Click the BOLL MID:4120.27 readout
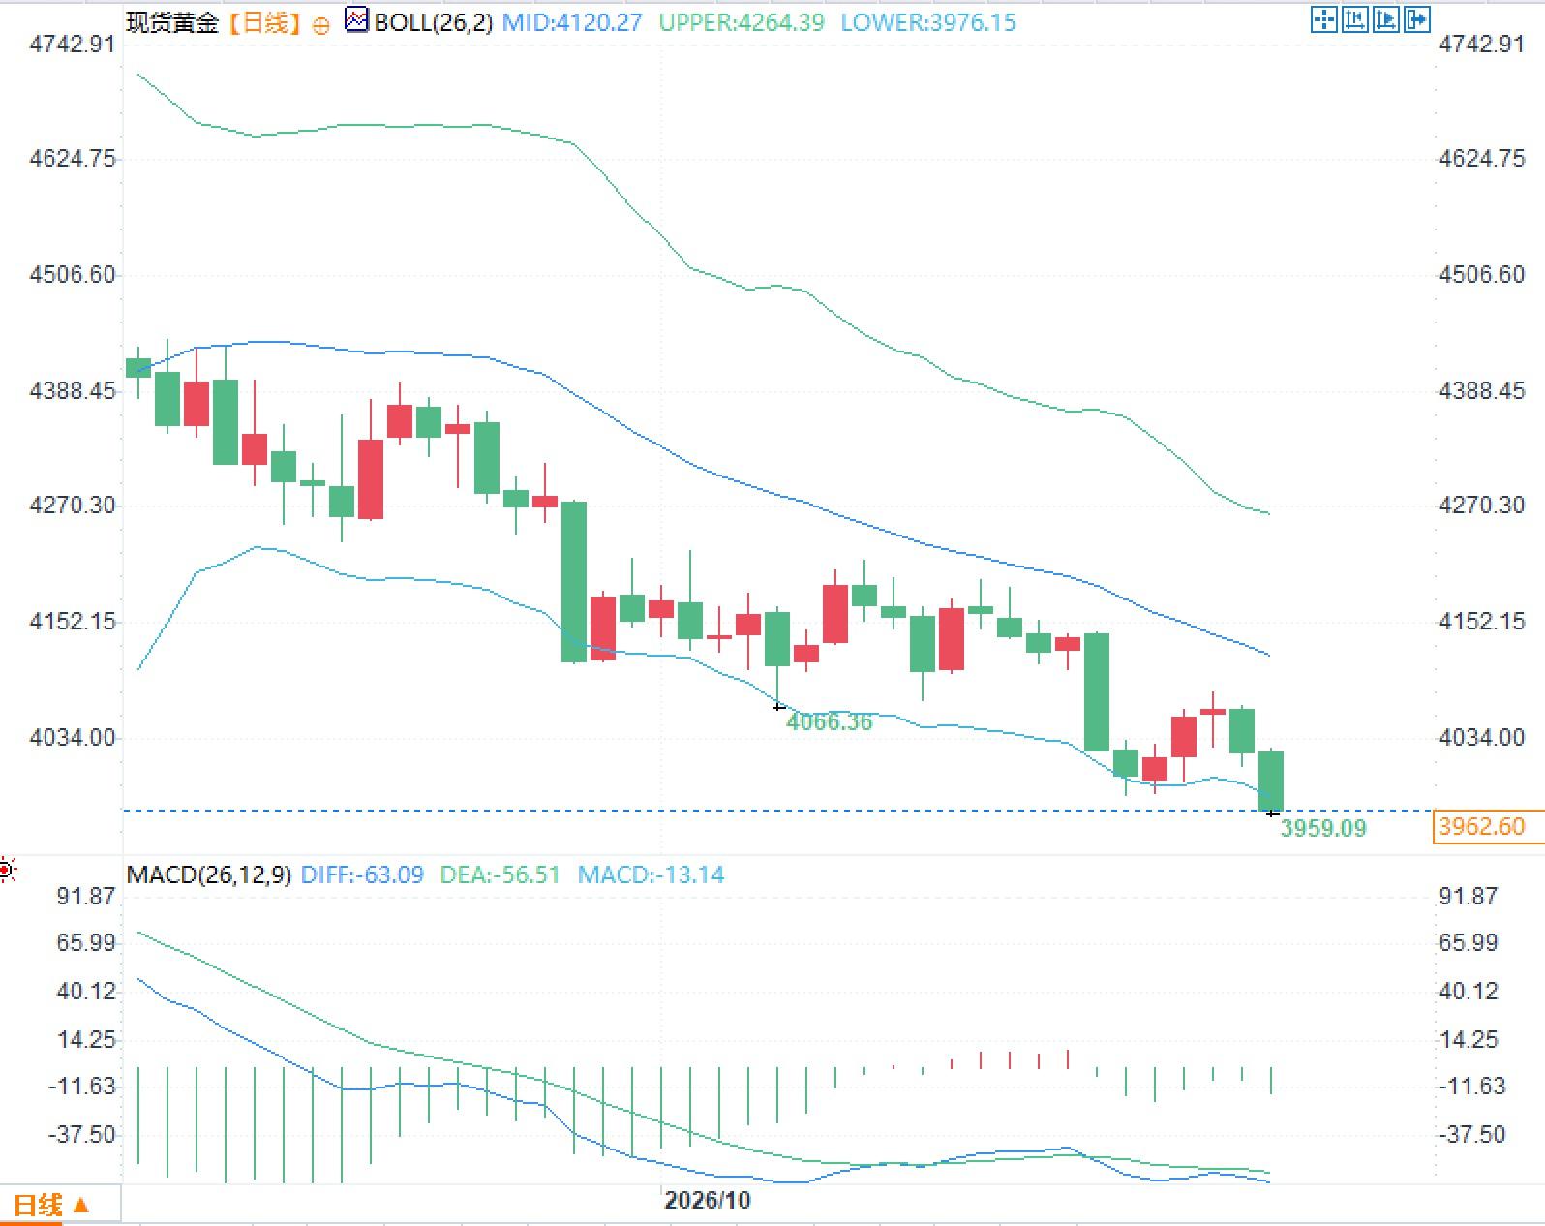(x=571, y=23)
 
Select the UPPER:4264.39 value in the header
(x=742, y=23)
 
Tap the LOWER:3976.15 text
(x=928, y=23)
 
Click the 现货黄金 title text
(x=172, y=23)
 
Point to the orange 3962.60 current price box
(x=1488, y=826)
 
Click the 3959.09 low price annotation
(x=1323, y=828)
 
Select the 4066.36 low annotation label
(x=830, y=721)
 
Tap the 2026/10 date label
(x=708, y=1200)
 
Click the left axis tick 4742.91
(x=72, y=45)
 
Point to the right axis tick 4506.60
(x=1482, y=274)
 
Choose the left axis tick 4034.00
(x=72, y=738)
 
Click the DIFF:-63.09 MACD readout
(x=362, y=874)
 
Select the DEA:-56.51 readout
(x=500, y=874)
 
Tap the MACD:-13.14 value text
(x=651, y=874)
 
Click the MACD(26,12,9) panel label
(x=209, y=874)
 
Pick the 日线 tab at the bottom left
(x=38, y=1205)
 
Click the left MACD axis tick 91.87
(x=86, y=897)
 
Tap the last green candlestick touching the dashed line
(x=1271, y=782)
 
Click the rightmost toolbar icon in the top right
(x=1417, y=19)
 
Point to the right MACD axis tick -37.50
(x=1471, y=1135)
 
